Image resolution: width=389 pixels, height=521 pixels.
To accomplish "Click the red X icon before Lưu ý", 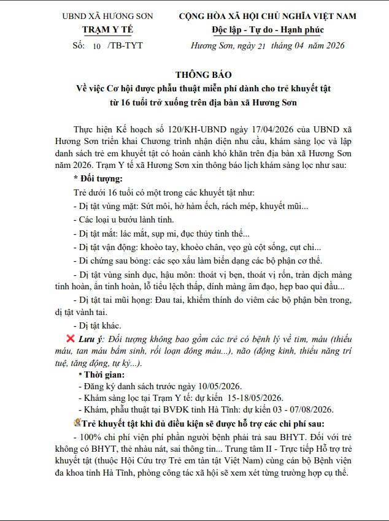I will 71,338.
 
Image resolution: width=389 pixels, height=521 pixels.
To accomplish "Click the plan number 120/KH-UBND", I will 181,131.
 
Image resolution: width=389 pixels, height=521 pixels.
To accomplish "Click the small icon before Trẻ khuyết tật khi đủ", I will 77,422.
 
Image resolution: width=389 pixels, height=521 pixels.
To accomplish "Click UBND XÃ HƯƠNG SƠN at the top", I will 107,16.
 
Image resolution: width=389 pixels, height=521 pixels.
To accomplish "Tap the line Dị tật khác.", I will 98,325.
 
